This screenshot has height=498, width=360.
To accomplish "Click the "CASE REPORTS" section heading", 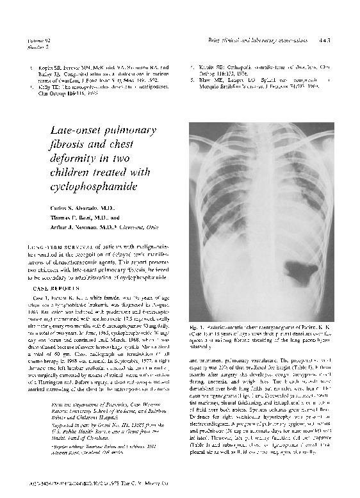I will pyautogui.click(x=54, y=288).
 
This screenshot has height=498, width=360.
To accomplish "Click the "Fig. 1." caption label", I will pyautogui.click(x=197, y=328).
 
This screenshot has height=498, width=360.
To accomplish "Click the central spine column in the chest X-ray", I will pyautogui.click(x=261, y=211).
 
